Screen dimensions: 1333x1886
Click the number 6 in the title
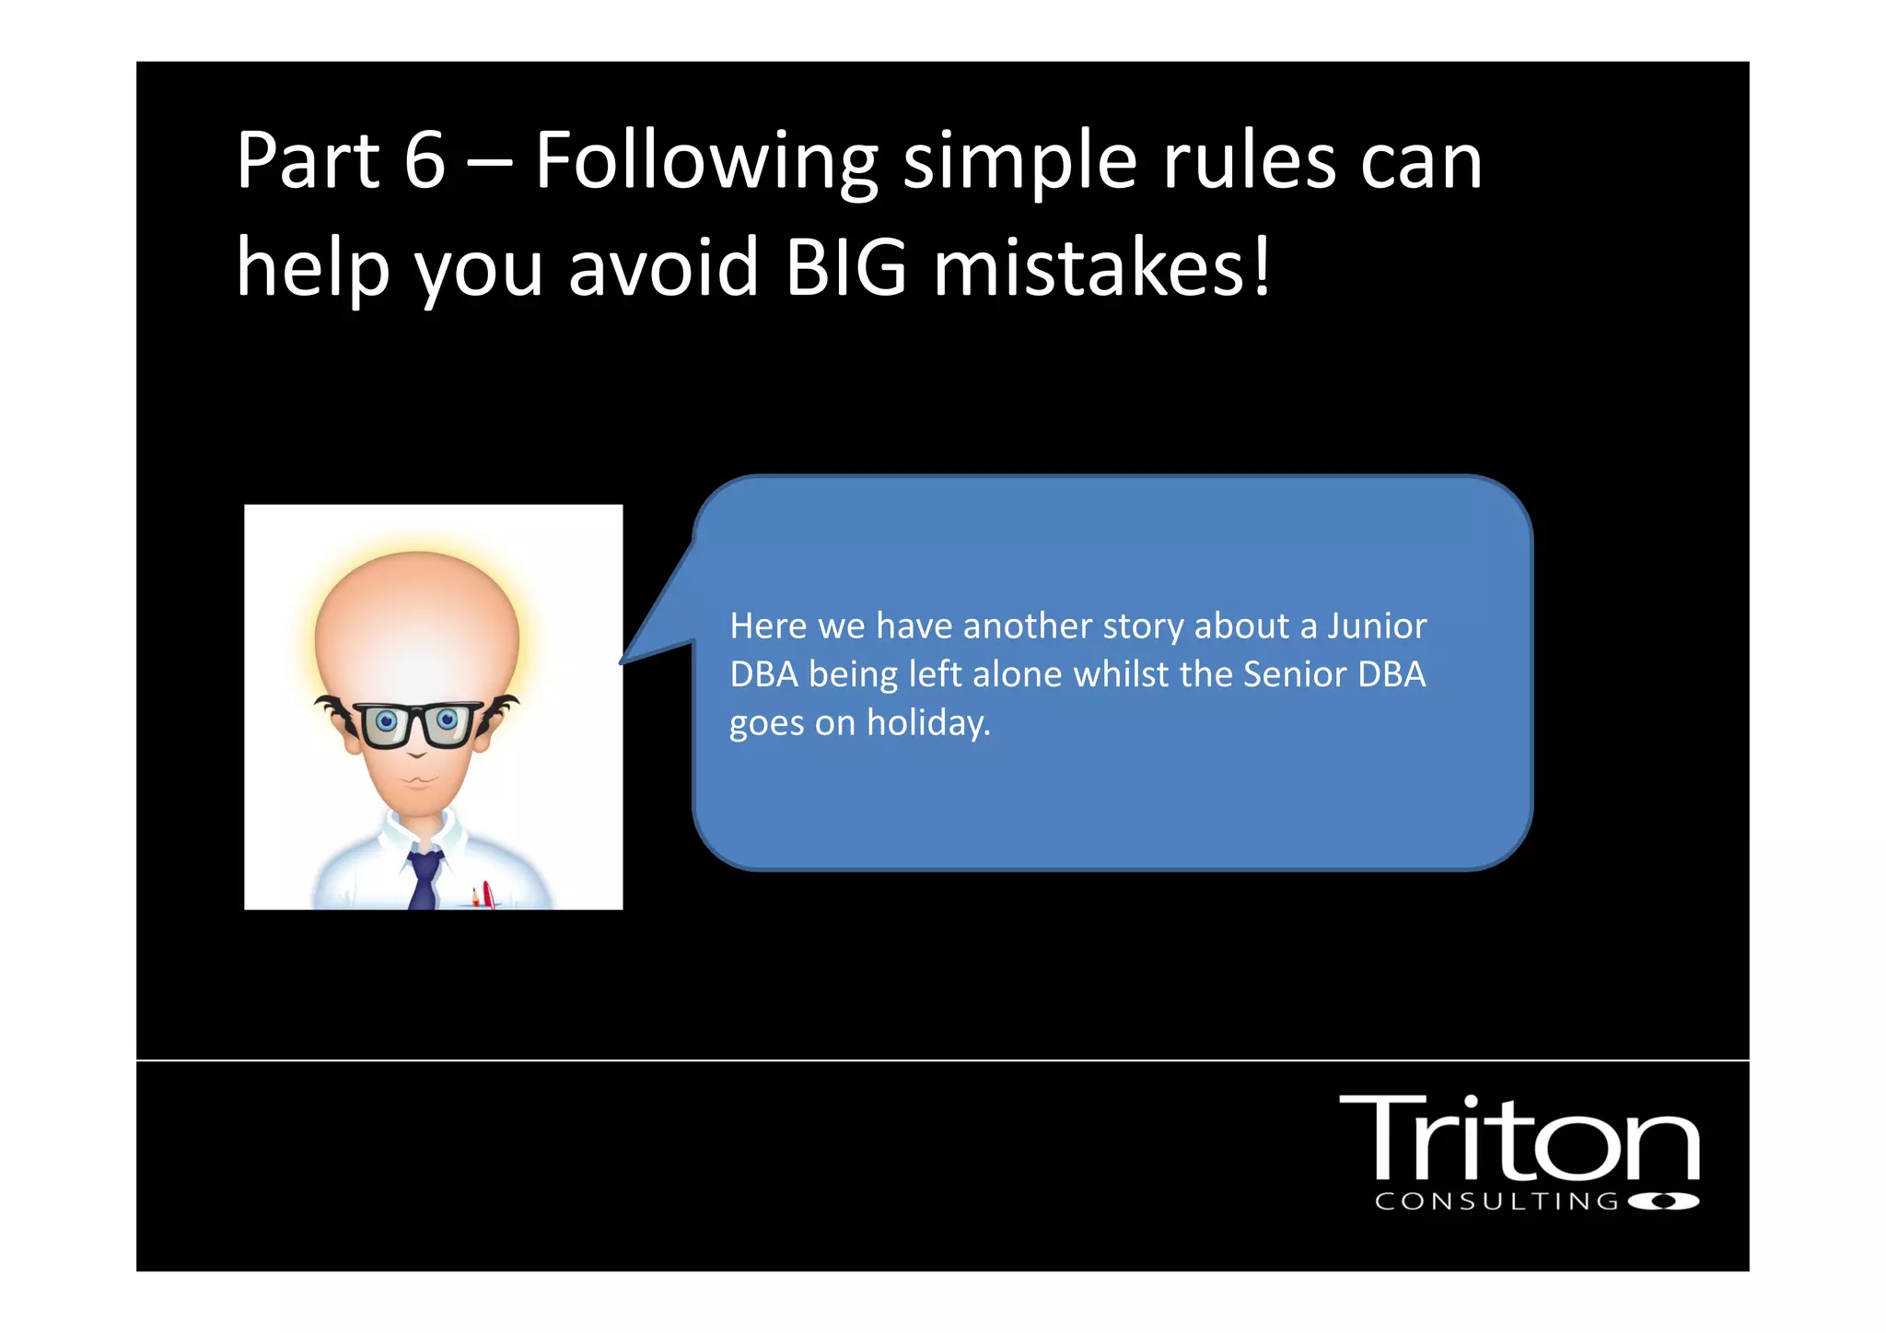(x=425, y=161)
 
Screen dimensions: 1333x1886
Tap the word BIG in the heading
(x=845, y=268)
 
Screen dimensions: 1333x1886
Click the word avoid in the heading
(x=663, y=268)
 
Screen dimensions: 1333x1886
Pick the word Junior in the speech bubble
(x=1377, y=626)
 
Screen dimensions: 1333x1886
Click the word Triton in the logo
(x=1518, y=1139)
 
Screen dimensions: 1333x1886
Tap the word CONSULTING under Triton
(x=1496, y=1201)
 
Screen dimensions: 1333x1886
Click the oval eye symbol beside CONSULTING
(x=1663, y=1201)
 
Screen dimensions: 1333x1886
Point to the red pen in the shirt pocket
(x=487, y=895)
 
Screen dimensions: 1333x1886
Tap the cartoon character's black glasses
(x=416, y=724)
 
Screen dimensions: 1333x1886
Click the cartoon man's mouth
(x=419, y=781)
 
